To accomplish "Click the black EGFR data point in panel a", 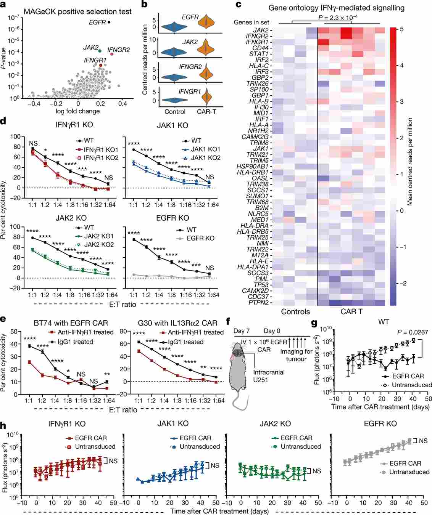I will [x=109, y=22].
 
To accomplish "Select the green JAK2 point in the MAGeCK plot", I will [x=100, y=51].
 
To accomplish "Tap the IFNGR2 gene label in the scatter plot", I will [x=118, y=50].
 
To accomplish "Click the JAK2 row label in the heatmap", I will [x=261, y=30].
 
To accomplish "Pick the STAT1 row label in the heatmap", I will [x=260, y=54].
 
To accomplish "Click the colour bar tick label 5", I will [x=401, y=29].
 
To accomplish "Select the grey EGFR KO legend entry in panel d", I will [x=200, y=238].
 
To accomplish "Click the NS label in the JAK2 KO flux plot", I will [x=317, y=471].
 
